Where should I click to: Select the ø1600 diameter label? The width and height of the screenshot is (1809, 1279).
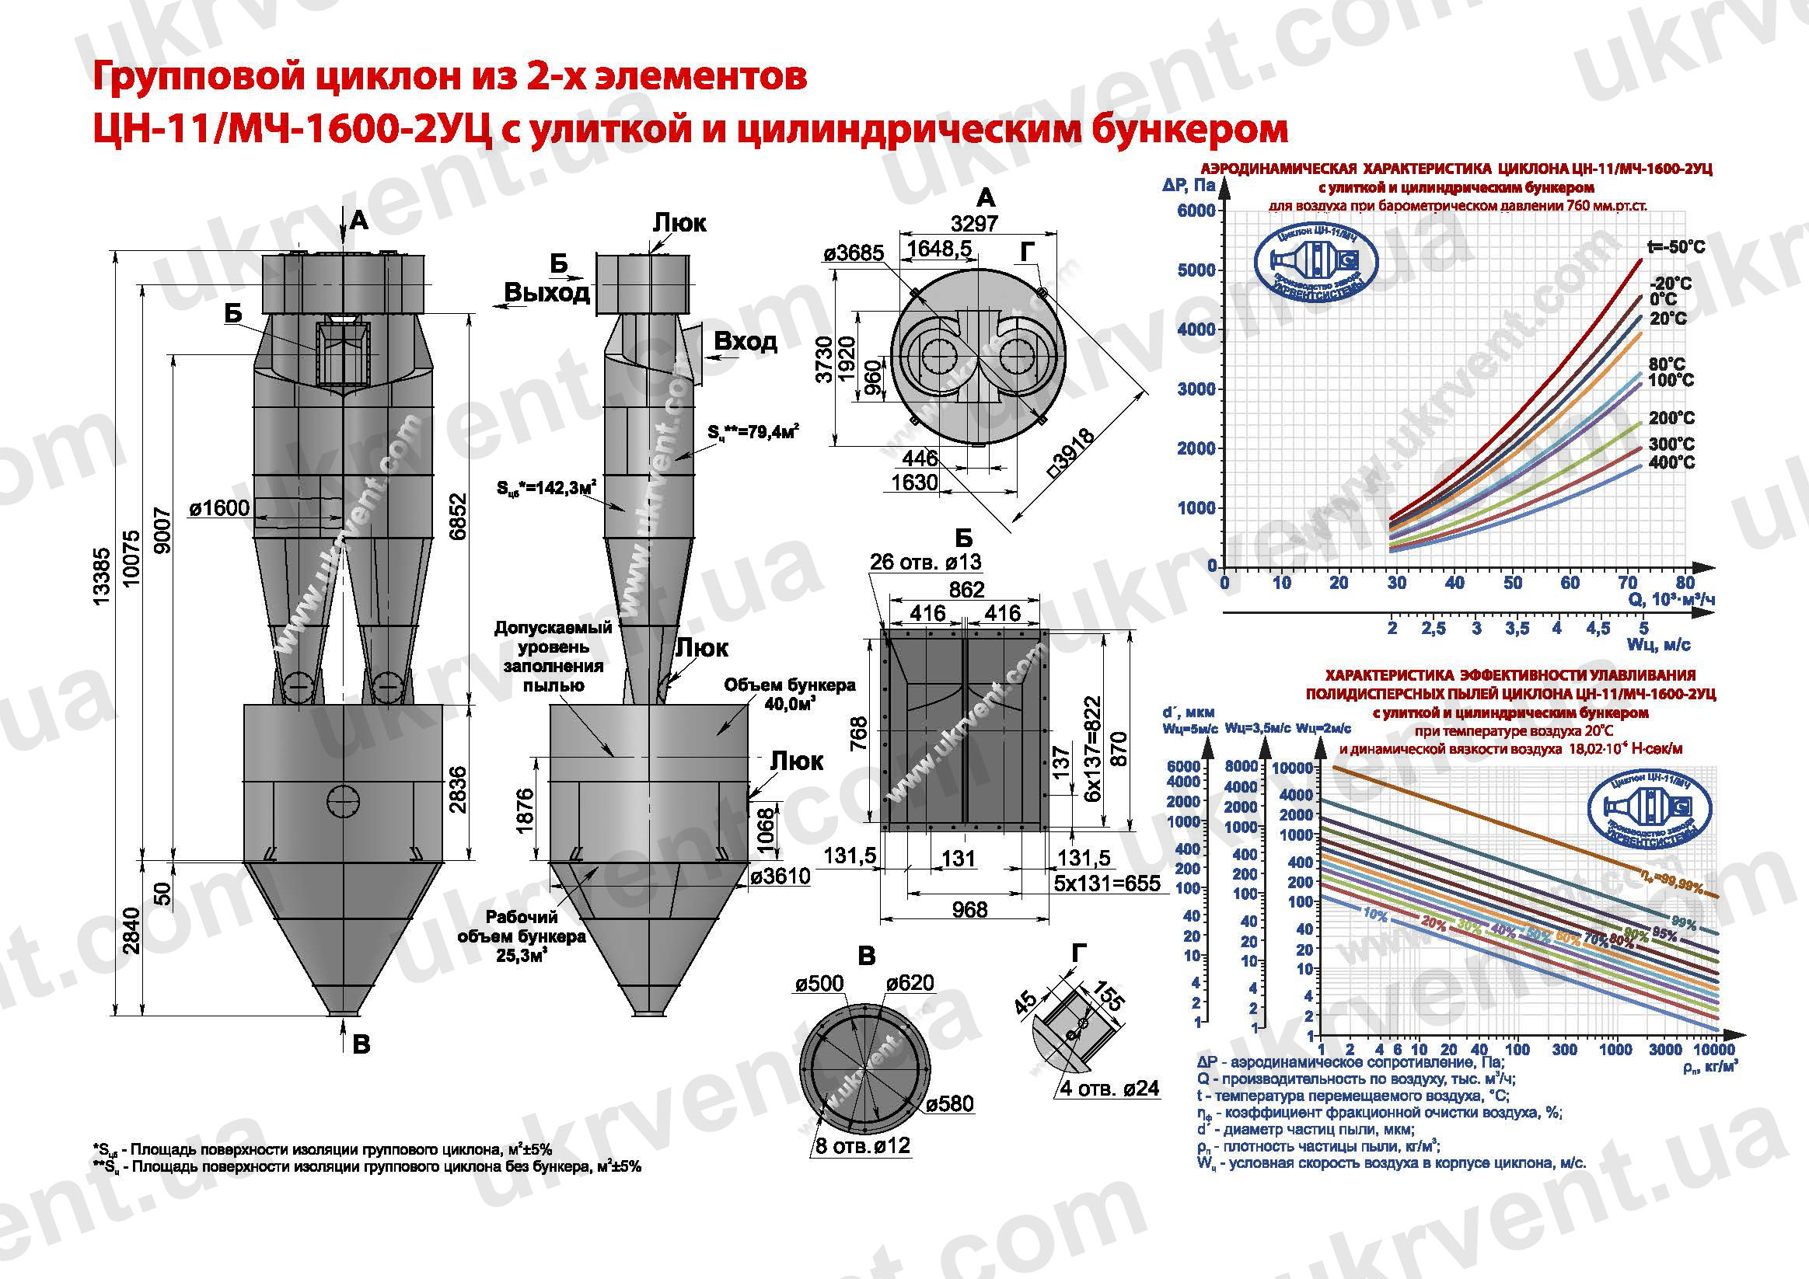[x=219, y=509]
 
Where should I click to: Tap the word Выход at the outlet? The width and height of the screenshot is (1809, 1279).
[x=547, y=293]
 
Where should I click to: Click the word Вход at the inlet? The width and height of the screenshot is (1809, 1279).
[x=746, y=341]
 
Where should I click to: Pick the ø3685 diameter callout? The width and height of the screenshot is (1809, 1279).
[x=854, y=253]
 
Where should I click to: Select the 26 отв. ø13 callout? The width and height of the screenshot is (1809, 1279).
[x=926, y=563]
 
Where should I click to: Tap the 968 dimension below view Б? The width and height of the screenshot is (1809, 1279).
[x=969, y=910]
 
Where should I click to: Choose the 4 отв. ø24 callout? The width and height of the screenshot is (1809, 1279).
[x=1109, y=1089]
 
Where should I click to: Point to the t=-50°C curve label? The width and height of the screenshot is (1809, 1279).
[x=1677, y=247]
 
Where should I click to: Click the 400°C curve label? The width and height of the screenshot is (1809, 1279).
[x=1671, y=462]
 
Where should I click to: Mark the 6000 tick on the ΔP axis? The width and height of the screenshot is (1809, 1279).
[x=1196, y=211]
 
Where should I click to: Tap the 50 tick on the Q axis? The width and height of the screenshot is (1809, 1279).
[x=1512, y=583]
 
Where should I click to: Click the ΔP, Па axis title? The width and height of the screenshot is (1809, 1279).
[x=1188, y=186]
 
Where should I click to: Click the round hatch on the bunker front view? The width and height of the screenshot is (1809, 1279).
[x=344, y=802]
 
